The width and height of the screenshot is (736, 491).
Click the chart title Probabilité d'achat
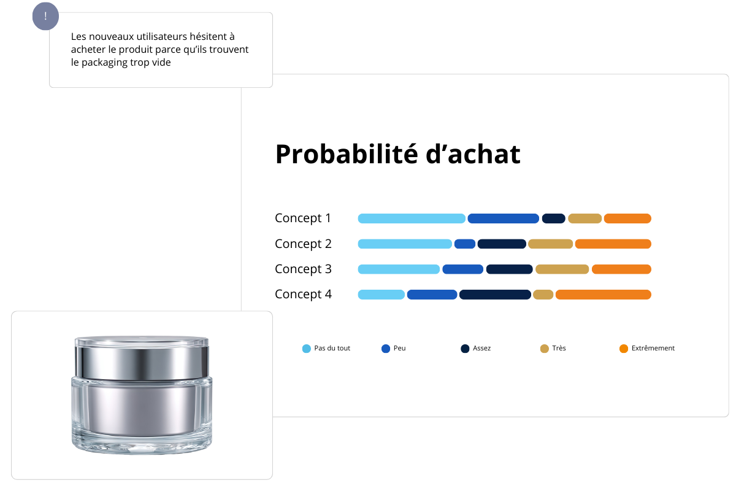397,154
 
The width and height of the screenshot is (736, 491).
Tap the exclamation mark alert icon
45,17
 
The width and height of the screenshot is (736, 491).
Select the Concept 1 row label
303,218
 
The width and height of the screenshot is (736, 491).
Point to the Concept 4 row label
303,294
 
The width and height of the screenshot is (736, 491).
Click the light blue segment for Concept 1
412,218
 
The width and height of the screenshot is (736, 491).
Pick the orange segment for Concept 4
603,295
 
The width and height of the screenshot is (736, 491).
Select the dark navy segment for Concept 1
553,218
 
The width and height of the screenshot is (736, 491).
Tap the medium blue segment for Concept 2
465,244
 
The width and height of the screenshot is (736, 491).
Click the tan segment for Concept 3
562,269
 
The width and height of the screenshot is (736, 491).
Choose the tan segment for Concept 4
543,295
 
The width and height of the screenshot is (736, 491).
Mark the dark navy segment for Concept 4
495,295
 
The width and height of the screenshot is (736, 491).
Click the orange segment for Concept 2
613,244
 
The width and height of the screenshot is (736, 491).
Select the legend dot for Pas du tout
307,349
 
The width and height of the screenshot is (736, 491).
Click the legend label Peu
399,348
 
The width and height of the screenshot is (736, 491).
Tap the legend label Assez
481,348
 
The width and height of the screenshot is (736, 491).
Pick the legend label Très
559,348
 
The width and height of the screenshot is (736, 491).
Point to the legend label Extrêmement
653,348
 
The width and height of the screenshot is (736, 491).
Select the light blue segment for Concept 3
399,269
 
